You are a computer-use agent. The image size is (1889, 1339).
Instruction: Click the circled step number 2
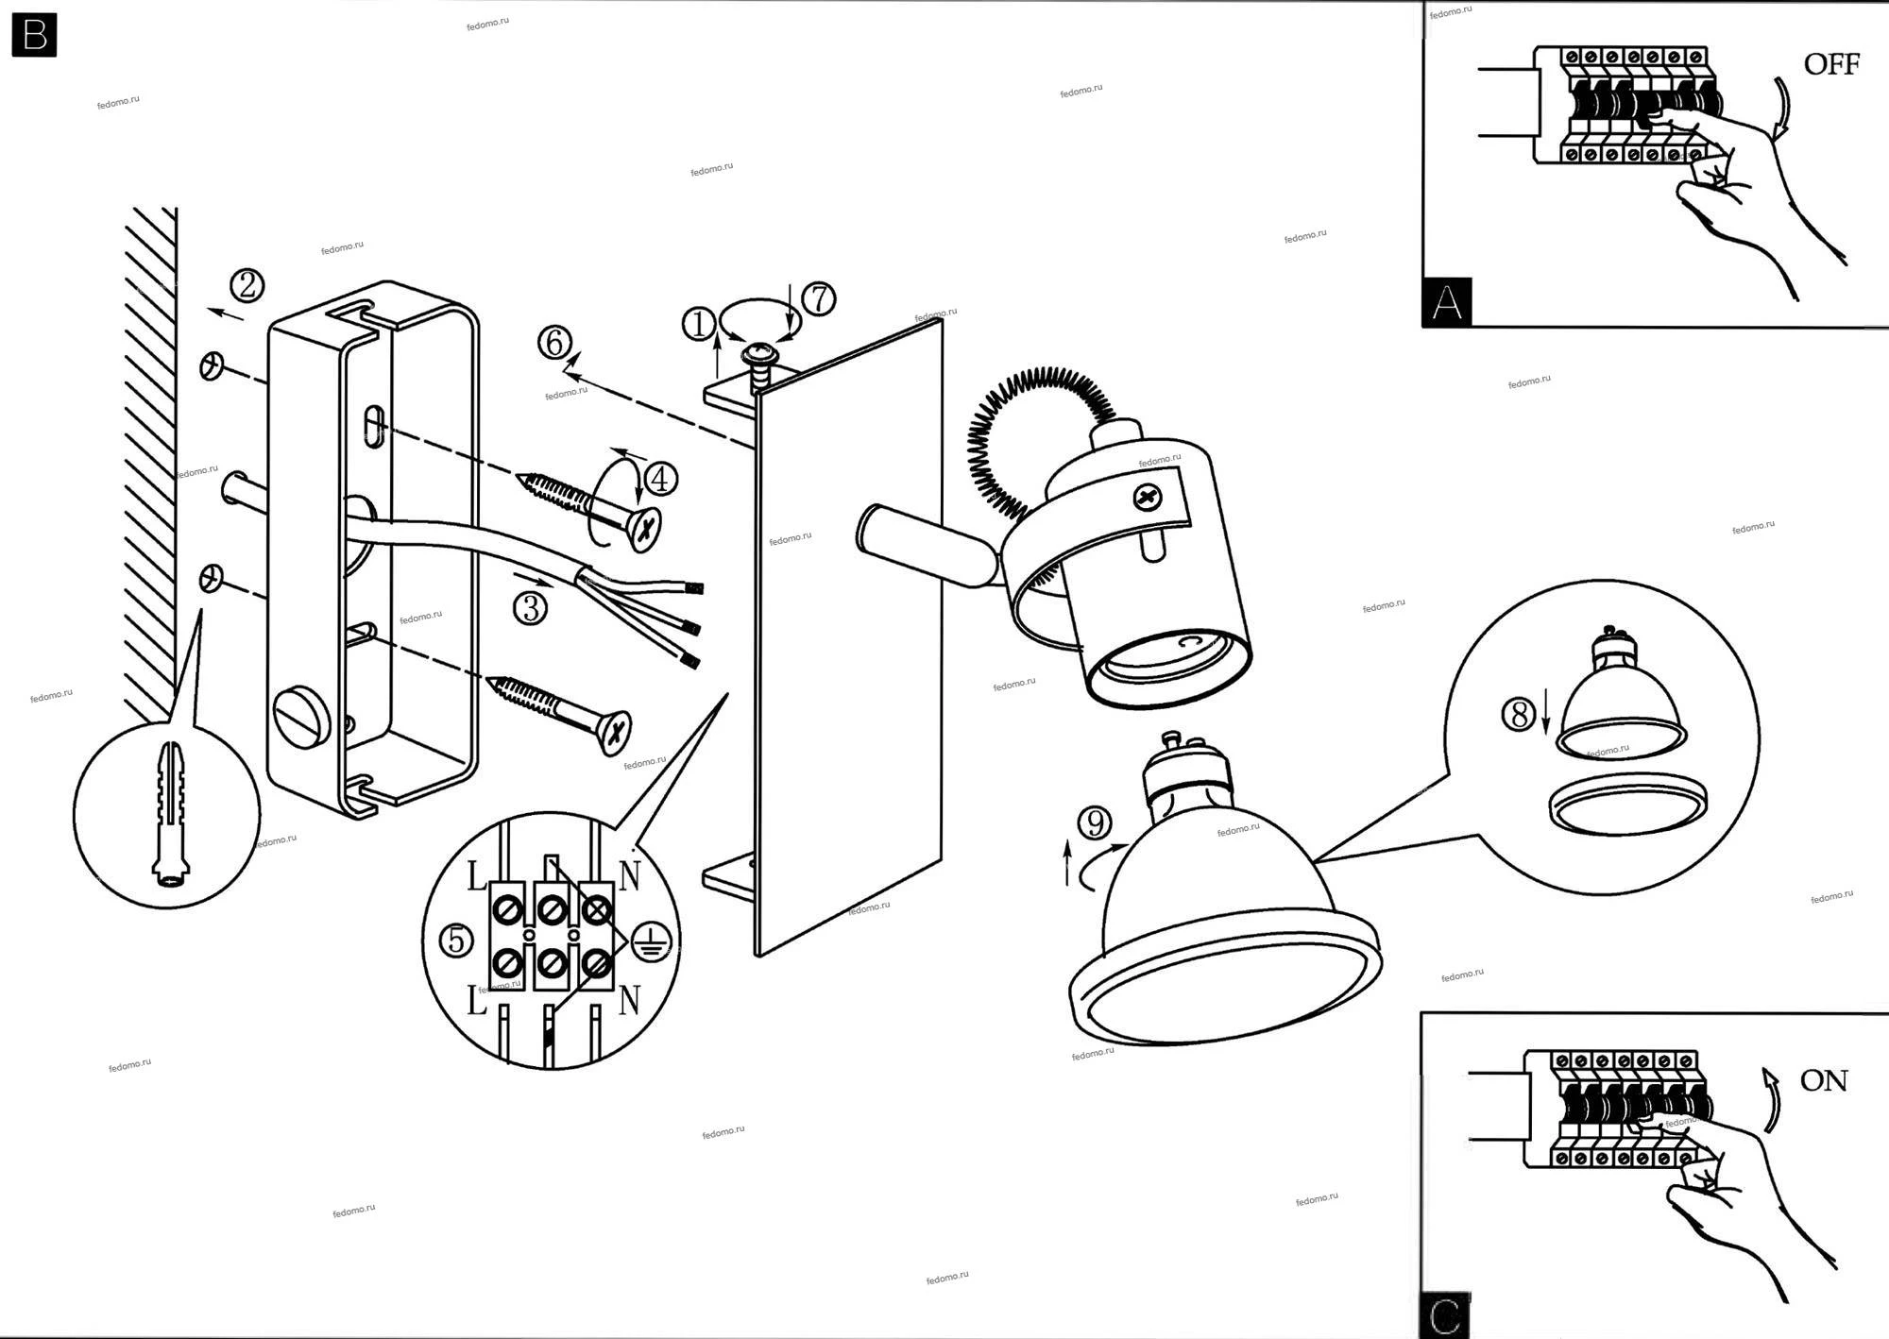(x=247, y=284)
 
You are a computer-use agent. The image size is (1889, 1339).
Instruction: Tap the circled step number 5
(x=456, y=941)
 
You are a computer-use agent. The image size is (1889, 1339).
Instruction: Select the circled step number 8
(x=1518, y=714)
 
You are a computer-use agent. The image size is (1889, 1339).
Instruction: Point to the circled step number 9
(x=1095, y=823)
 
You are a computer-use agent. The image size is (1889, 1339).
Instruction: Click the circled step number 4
(x=659, y=479)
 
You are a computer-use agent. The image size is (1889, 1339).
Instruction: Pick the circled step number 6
(x=554, y=342)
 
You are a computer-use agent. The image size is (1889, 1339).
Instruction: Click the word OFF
(x=1830, y=64)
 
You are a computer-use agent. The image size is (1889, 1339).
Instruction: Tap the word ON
(x=1823, y=1080)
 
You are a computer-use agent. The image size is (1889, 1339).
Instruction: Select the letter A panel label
(x=1446, y=302)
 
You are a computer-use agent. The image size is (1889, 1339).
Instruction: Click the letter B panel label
(x=34, y=35)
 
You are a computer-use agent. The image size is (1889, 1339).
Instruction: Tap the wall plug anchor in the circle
(x=170, y=813)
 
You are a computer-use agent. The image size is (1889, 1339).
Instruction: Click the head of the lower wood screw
(x=615, y=732)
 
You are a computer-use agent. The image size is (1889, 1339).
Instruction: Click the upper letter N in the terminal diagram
(x=629, y=875)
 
